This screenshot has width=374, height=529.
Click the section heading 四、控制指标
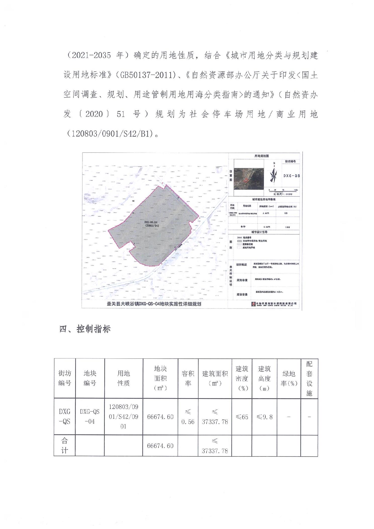pyautogui.click(x=85, y=329)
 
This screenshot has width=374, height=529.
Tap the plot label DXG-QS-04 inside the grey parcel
pyautogui.click(x=151, y=222)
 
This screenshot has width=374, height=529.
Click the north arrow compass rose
pyautogui.click(x=274, y=173)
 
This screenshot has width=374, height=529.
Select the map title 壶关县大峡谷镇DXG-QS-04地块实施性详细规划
pyautogui.click(x=154, y=304)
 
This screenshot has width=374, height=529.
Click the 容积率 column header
pyautogui.click(x=188, y=379)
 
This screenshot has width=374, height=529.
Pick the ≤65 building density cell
pyautogui.click(x=242, y=417)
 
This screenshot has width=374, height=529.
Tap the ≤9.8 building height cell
pyautogui.click(x=264, y=417)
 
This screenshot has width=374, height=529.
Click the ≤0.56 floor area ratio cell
pyautogui.click(x=188, y=417)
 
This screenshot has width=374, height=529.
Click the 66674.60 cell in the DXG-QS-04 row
pyautogui.click(x=160, y=417)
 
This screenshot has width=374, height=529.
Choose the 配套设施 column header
pyautogui.click(x=309, y=379)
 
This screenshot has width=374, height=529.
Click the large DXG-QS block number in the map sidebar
pyautogui.click(x=292, y=176)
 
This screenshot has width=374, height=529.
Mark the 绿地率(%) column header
pyautogui.click(x=289, y=379)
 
